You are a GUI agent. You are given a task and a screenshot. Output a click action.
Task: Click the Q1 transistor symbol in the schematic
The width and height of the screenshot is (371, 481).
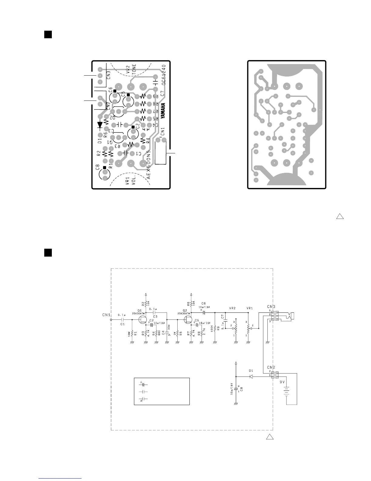(x=142, y=320)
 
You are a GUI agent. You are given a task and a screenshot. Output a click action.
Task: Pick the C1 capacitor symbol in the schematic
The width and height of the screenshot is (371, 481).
(x=123, y=320)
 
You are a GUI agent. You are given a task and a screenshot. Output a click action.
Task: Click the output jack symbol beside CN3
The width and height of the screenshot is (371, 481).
(x=287, y=317)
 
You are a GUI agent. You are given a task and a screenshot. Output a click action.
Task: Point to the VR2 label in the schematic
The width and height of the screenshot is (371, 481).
(x=232, y=308)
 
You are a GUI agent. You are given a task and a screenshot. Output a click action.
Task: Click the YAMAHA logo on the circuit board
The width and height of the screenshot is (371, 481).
(x=163, y=111)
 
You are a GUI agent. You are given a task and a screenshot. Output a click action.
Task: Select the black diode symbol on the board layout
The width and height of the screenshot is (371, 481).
(x=100, y=125)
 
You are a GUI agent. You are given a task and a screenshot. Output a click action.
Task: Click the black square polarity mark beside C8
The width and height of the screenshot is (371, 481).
(x=105, y=167)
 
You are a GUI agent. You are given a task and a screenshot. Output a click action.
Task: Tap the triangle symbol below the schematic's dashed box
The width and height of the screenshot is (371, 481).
(x=270, y=437)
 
